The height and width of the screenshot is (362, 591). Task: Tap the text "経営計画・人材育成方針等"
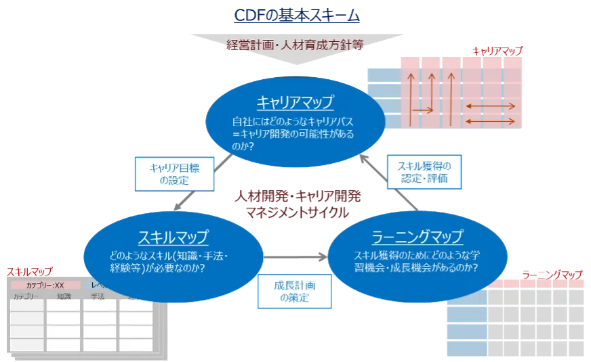coord(295,45)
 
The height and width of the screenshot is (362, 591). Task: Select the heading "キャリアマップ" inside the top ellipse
coord(295,102)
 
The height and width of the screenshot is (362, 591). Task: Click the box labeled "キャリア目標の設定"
coord(176,173)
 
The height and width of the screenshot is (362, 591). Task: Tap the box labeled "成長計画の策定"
coord(294,291)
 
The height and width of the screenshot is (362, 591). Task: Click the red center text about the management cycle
coord(296,204)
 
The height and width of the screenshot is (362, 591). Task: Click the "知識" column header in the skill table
coord(64,296)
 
